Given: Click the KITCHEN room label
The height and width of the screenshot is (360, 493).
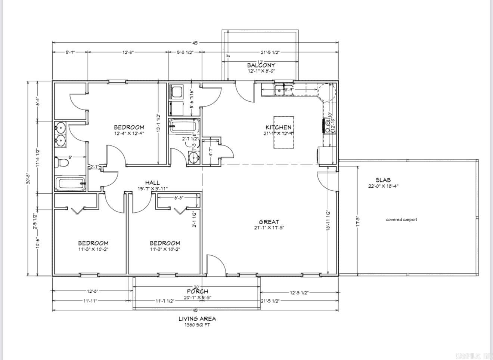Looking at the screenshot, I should click(x=278, y=127).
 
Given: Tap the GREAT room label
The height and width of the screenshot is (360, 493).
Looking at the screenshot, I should click(x=269, y=222).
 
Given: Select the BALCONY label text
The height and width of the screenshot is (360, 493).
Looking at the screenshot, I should click(x=261, y=65).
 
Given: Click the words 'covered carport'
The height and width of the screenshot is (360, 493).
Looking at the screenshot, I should click(x=401, y=220).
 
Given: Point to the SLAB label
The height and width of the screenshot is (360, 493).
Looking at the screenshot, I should click(x=383, y=180).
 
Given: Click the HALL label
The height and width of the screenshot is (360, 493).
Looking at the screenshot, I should click(x=152, y=182).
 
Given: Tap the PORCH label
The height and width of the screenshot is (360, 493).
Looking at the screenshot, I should click(x=198, y=292).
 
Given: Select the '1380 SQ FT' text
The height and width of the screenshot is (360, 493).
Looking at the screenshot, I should click(x=197, y=325).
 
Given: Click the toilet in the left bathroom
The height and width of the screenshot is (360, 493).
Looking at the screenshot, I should click(x=62, y=163).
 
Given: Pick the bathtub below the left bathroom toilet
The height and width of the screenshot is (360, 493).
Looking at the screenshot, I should click(x=70, y=184).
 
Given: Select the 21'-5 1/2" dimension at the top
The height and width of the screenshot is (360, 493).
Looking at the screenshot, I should click(x=270, y=52).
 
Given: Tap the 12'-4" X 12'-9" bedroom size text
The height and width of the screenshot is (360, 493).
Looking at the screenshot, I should click(x=129, y=133).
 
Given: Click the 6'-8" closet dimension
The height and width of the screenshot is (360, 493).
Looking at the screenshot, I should click(x=178, y=198).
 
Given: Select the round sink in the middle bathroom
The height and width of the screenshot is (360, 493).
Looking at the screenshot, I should click(x=193, y=158).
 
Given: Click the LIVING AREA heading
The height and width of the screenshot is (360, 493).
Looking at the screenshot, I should click(x=197, y=319).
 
